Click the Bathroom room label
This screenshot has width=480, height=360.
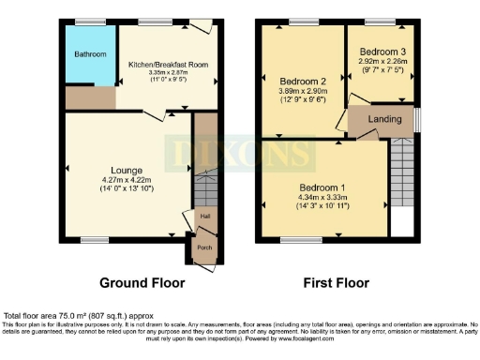click(91, 54)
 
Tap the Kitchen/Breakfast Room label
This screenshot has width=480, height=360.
click(167, 64)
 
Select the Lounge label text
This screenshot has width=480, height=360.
click(127, 170)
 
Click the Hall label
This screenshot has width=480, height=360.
click(203, 216)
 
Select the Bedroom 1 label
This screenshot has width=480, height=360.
click(323, 187)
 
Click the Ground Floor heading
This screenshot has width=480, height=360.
click(142, 282)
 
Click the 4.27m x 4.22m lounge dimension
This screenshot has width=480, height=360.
click(127, 179)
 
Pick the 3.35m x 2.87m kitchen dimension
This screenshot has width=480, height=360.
click(167, 73)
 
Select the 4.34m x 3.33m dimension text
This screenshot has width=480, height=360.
click(323, 197)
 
